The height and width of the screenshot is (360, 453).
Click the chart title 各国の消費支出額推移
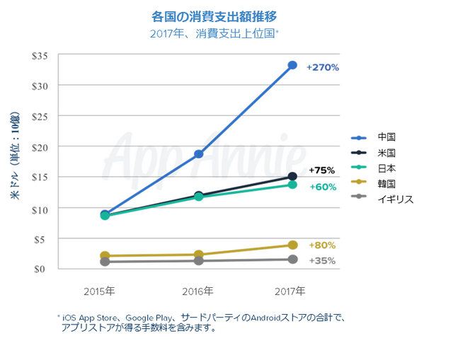click(214, 16)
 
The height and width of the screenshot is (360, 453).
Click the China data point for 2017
click(292, 65)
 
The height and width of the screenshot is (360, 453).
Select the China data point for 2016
click(199, 153)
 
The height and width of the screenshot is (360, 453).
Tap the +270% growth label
click(323, 68)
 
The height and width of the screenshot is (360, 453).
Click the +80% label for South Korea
click(322, 245)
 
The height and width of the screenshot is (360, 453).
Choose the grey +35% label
click(322, 260)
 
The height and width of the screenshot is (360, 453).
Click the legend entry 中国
click(386, 137)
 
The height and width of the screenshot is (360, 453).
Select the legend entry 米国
click(386, 153)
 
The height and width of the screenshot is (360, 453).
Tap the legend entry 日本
click(386, 168)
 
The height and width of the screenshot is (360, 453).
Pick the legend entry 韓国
click(386, 184)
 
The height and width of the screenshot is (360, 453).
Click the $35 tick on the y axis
click(40, 55)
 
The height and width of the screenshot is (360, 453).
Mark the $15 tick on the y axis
click(40, 178)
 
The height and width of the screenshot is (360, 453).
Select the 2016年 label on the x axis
click(198, 291)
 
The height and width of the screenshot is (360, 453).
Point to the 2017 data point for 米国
click(292, 177)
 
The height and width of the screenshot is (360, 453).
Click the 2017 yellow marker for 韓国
click(292, 245)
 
